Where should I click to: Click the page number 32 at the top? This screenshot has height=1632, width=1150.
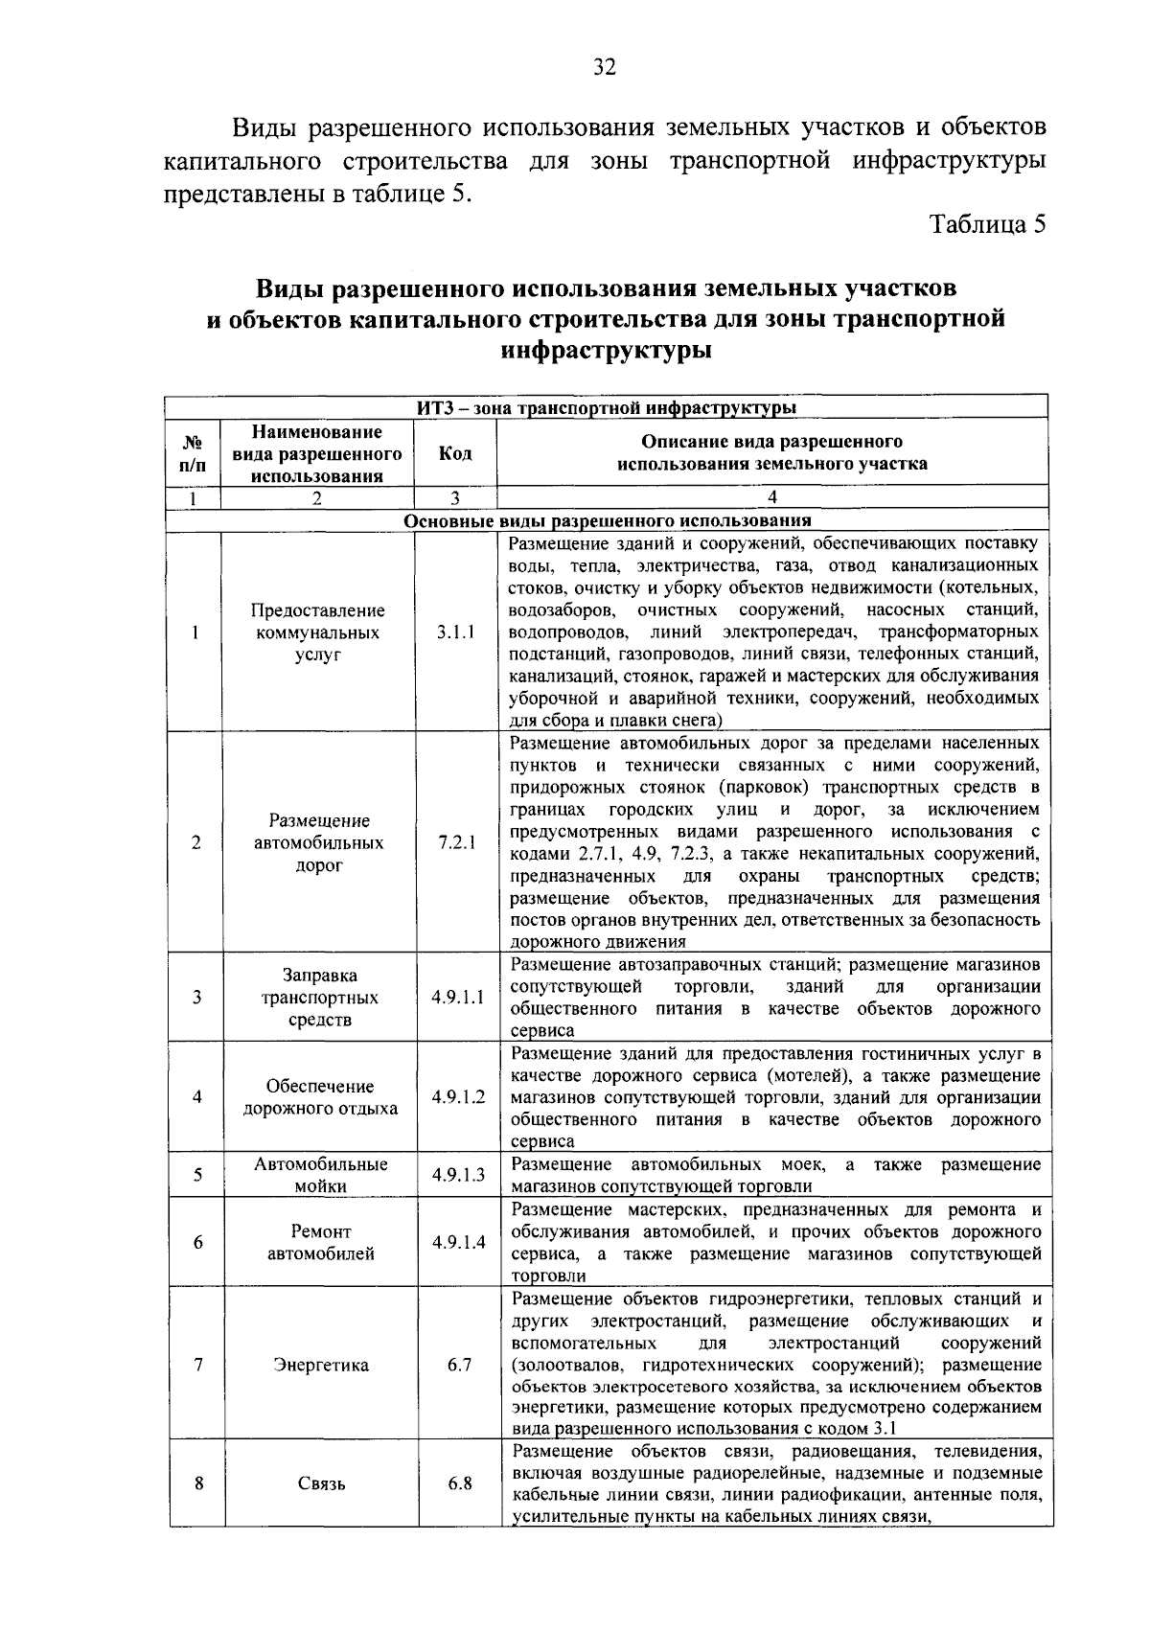pos(604,66)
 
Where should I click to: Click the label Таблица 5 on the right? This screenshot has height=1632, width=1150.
pos(987,224)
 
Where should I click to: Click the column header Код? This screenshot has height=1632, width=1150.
pos(455,453)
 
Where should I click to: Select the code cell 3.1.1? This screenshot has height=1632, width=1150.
pos(455,632)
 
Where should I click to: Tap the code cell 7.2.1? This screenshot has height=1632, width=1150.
pos(456,842)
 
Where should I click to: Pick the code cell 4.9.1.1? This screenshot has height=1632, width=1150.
pos(457,997)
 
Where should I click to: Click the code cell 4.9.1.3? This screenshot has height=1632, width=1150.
pos(457,1175)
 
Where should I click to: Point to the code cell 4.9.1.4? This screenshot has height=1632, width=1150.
pos(457,1242)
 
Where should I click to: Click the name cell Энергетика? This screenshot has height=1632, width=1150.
pos(320,1365)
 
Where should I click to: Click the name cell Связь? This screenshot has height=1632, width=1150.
pos(321,1483)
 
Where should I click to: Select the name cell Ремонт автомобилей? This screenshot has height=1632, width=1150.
pos(320,1242)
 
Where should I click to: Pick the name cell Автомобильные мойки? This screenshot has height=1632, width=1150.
pos(320,1175)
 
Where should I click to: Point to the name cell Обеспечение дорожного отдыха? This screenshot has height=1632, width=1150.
pos(320,1097)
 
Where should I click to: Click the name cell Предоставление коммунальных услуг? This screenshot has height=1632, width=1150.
pos(318,632)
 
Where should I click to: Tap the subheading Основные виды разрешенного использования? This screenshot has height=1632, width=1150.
pos(608,521)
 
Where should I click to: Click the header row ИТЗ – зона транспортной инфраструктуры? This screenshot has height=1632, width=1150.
pos(606,408)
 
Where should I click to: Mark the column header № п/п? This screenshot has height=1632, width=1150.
pos(193,453)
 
